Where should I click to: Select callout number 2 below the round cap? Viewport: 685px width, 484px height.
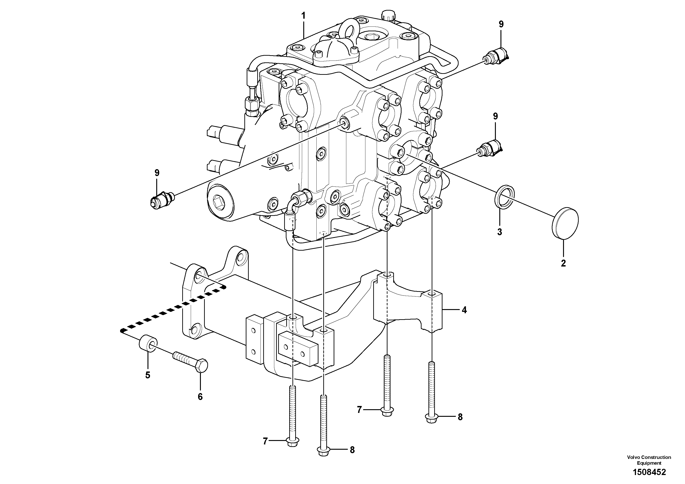(x=563, y=264)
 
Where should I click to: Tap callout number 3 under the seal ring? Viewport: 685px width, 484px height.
(x=500, y=232)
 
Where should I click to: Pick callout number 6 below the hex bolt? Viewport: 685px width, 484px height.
(x=200, y=397)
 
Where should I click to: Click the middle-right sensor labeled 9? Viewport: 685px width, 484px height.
(x=491, y=149)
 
